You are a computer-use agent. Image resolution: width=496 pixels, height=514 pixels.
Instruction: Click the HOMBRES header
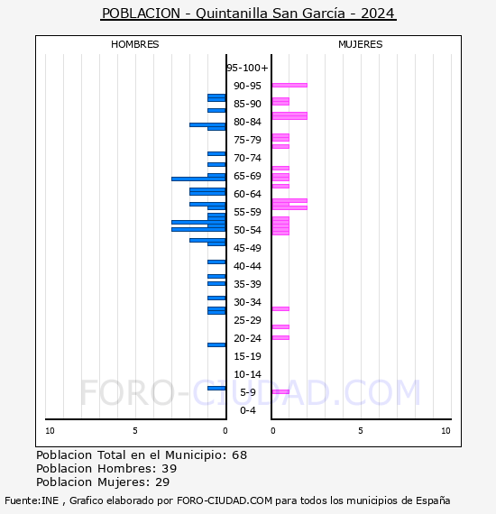coord(134,44)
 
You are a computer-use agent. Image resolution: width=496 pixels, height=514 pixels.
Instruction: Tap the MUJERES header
coord(361,44)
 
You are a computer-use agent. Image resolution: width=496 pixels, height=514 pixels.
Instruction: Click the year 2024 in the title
coord(377,14)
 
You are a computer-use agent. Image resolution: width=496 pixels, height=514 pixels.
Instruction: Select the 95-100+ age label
coord(247,68)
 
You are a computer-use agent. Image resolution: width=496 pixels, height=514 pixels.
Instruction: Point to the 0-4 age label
coord(247,410)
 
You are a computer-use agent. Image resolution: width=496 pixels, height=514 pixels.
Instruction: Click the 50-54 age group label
coord(247,230)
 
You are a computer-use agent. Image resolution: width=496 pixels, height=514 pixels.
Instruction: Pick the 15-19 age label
coord(247,356)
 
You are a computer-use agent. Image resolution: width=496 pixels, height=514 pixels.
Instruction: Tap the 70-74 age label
coord(247,158)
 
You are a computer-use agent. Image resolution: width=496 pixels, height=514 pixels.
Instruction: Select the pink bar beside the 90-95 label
coord(289,86)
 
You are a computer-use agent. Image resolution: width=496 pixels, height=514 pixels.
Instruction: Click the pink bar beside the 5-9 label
coord(281,391)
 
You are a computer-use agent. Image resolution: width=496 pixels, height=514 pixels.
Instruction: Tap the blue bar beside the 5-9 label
coord(216,389)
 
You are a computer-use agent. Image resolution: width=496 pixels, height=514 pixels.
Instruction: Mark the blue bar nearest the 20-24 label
coord(216,344)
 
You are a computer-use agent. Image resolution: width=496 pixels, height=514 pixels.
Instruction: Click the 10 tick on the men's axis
coord(50,431)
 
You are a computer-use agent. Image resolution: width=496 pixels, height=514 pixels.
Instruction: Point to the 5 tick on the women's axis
coord(361,431)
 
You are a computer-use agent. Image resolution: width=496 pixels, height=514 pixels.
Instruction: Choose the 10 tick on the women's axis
coord(445,431)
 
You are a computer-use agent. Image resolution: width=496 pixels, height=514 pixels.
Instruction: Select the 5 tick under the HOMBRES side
coord(135,431)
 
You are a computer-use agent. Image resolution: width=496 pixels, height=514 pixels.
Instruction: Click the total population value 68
coord(239,455)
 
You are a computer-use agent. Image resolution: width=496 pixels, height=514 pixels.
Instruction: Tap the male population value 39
coord(170,468)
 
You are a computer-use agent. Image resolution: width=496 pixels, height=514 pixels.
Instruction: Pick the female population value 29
coord(162,482)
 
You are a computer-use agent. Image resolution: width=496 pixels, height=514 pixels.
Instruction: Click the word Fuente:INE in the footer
coord(32,500)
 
